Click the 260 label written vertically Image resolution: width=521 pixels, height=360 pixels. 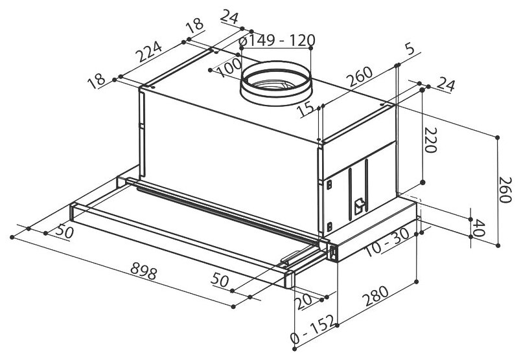(505, 190)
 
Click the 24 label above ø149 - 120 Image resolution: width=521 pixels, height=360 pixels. (229, 16)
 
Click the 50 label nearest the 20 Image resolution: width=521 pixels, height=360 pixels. (220, 280)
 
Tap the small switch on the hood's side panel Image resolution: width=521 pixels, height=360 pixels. (359, 205)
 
